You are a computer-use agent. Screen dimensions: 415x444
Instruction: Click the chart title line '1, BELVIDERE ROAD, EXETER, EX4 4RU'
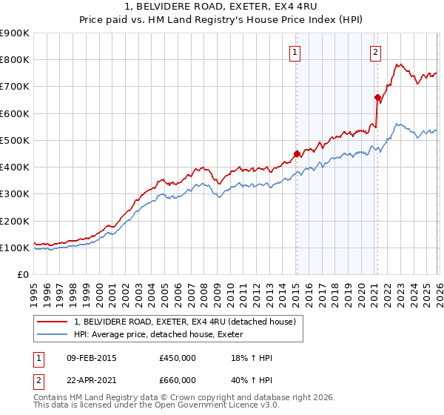click(x=221, y=7)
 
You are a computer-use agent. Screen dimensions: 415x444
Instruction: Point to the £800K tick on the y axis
click(x=15, y=60)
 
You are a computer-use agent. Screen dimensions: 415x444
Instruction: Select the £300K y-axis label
click(x=15, y=194)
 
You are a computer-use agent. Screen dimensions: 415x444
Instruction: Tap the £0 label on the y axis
click(x=22, y=275)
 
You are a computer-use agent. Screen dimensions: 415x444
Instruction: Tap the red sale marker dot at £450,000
click(x=297, y=154)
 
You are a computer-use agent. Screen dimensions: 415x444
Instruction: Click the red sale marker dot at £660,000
click(x=377, y=97)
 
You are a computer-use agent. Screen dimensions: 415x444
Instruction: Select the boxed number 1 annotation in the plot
click(x=295, y=52)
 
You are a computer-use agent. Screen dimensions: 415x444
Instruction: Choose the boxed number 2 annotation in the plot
click(x=376, y=52)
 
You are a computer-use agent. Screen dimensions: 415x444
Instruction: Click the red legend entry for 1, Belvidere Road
click(x=185, y=322)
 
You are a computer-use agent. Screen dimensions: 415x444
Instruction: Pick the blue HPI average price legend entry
click(x=163, y=335)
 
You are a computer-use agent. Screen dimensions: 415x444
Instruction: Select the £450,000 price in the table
click(x=178, y=358)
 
